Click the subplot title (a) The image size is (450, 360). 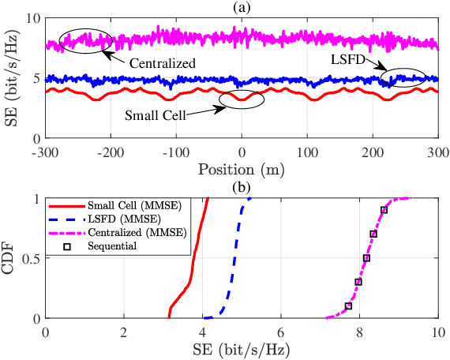[242, 6]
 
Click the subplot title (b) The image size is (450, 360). [242, 188]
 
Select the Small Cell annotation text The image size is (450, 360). [156, 114]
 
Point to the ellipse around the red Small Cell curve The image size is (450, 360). [242, 100]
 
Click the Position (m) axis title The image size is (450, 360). [242, 169]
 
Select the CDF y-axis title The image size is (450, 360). [11, 259]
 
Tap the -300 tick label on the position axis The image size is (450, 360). [45, 151]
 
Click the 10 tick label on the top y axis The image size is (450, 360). [33, 17]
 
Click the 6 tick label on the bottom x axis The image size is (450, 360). [281, 332]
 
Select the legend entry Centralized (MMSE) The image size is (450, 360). [143, 232]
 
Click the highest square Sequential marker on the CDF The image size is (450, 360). [384, 210]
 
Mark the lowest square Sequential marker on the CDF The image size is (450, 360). [348, 306]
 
